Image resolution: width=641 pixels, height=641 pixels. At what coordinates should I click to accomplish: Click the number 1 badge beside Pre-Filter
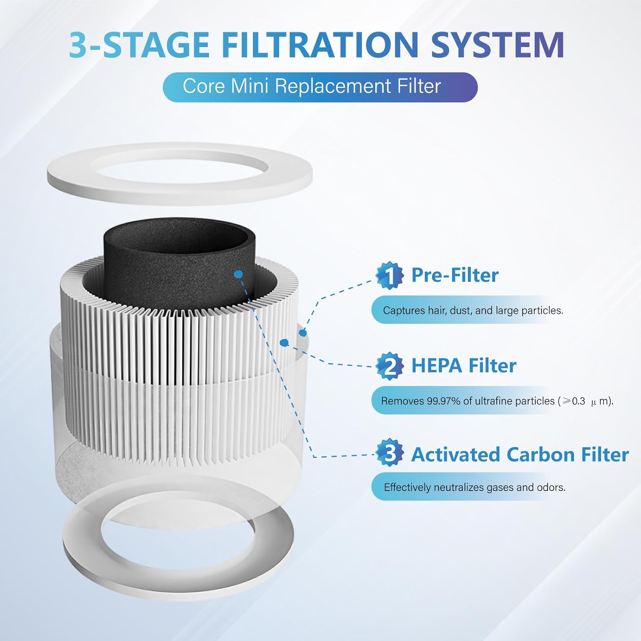(x=389, y=276)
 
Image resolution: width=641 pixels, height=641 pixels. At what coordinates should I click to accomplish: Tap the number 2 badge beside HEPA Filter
(x=389, y=366)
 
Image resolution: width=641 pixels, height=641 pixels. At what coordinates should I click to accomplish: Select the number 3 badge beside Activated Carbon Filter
(x=389, y=453)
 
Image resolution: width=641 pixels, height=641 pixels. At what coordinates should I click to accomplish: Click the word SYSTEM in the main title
(x=497, y=44)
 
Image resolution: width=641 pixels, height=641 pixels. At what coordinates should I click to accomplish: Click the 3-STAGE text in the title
(x=139, y=44)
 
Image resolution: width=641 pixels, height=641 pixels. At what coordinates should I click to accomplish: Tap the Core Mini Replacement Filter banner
(x=320, y=87)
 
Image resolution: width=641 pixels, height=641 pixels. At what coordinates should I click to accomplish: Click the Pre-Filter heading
(x=455, y=275)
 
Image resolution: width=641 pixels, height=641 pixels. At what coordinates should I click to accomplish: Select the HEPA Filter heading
(x=464, y=366)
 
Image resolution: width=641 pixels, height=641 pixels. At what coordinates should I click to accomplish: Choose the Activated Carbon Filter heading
(x=520, y=454)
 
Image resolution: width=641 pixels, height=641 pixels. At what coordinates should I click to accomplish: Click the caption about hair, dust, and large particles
(x=473, y=310)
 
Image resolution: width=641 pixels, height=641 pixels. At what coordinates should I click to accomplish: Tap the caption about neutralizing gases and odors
(x=474, y=487)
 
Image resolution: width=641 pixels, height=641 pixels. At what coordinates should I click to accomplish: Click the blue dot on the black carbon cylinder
(x=238, y=273)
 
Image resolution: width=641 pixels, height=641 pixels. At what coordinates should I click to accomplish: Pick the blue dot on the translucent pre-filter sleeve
(x=303, y=332)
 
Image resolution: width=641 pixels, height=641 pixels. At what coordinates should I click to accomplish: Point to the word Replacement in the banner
(x=334, y=87)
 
